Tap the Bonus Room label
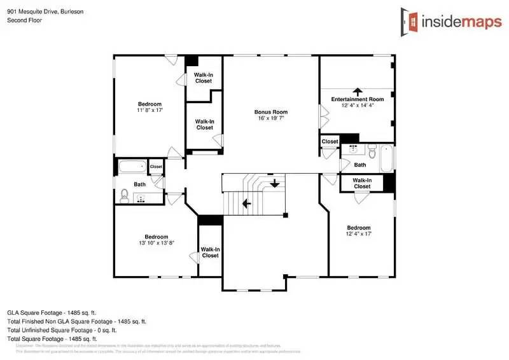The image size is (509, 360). click(x=271, y=111)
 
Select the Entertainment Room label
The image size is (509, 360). click(x=358, y=99)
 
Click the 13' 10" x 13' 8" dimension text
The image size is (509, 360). click(x=156, y=242)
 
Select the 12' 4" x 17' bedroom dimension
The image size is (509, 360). click(x=358, y=234)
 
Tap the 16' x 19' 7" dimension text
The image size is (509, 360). click(x=271, y=118)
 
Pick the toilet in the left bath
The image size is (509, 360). click(x=125, y=195)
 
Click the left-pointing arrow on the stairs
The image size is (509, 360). click(x=246, y=203)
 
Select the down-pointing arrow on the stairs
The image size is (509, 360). click(x=274, y=184)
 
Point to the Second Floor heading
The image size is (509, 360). click(x=24, y=20)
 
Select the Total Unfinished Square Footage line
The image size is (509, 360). click(x=70, y=330)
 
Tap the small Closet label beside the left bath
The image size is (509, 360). click(x=156, y=167)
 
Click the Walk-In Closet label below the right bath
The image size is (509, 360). click(x=362, y=184)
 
